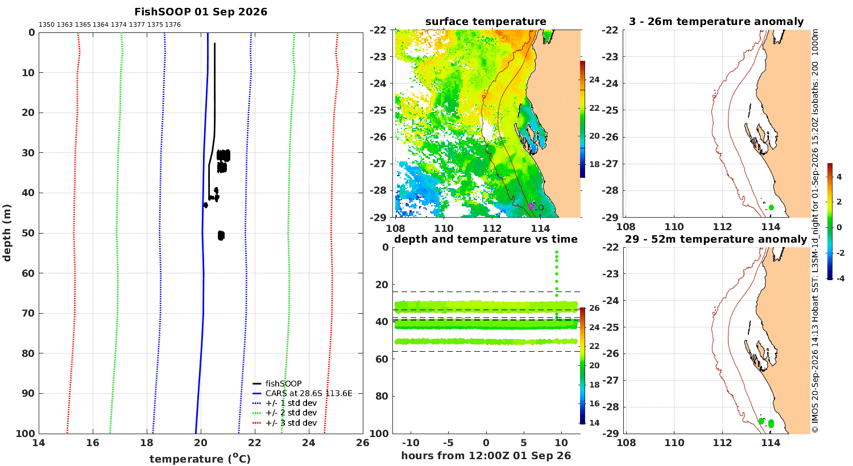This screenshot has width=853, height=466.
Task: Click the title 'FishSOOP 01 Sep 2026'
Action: tap(201, 12)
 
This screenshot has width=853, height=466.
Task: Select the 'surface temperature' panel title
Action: tap(486, 22)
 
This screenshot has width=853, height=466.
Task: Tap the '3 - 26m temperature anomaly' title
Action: tap(716, 22)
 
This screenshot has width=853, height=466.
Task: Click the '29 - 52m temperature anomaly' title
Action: tap(716, 239)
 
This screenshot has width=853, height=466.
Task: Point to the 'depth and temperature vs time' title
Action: tap(486, 239)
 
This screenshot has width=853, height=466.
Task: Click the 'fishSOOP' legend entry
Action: tap(278, 384)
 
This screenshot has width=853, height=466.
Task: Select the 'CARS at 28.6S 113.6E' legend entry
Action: tap(303, 393)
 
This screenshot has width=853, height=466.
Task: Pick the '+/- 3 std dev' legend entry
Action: tap(285, 423)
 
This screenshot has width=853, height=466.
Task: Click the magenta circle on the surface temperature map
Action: tap(531, 206)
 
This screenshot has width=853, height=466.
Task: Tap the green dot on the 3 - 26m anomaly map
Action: tap(771, 207)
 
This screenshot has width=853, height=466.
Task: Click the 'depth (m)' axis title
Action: tap(7, 233)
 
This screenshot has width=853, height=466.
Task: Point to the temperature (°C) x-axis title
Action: tap(200, 459)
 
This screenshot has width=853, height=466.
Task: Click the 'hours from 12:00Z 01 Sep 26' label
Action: tap(486, 456)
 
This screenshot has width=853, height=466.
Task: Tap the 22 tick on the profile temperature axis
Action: tap(255, 443)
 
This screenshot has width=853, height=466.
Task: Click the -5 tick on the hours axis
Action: tap(448, 443)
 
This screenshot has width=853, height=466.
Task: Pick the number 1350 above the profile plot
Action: tap(47, 25)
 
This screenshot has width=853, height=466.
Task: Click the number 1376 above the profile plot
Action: tap(173, 25)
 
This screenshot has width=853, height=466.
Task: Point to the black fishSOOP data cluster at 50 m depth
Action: tap(221, 235)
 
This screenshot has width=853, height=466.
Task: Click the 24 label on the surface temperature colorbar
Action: tap(594, 80)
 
